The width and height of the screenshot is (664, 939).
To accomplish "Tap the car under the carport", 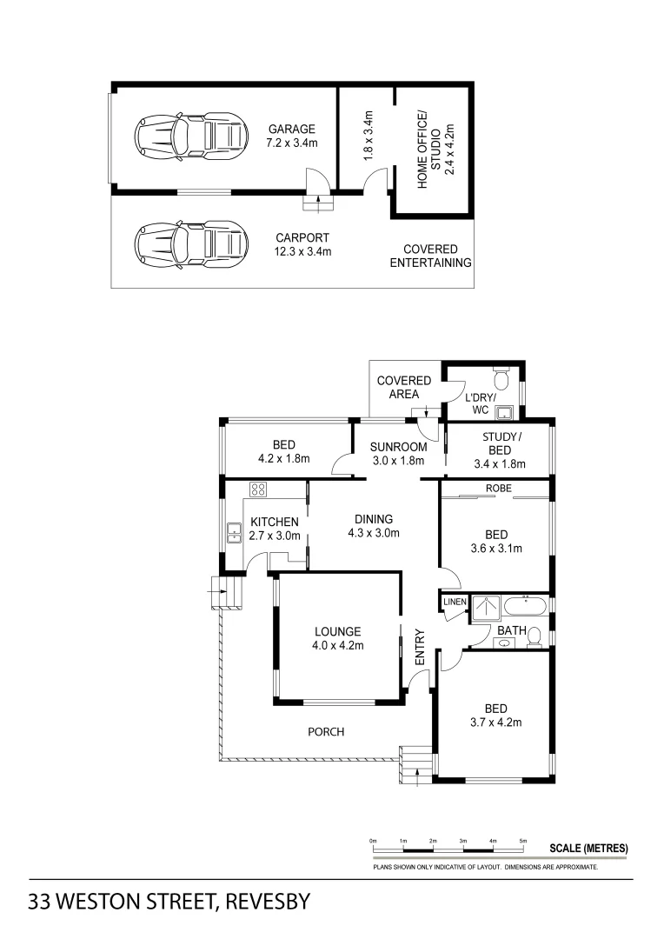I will (187, 243).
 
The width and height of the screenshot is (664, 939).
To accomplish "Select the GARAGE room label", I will (291, 130).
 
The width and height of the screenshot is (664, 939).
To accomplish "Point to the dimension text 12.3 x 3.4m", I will (303, 252).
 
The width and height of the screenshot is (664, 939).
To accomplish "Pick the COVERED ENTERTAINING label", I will (430, 256).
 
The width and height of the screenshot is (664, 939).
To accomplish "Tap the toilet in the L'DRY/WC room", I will (501, 380).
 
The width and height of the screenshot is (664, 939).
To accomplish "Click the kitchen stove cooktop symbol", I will (258, 489).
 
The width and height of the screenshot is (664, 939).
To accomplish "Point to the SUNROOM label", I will (398, 447).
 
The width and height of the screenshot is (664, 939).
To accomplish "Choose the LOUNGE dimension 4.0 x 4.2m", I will (337, 645).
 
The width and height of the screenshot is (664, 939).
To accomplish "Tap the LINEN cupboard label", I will (455, 602).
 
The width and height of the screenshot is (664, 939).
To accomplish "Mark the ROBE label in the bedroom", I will (498, 489).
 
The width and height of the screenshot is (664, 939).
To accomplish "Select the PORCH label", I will (326, 732).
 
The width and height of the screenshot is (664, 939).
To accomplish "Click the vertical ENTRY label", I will (419, 648).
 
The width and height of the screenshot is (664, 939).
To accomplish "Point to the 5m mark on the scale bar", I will (522, 841).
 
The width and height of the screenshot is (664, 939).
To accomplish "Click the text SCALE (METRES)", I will (588, 849).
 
